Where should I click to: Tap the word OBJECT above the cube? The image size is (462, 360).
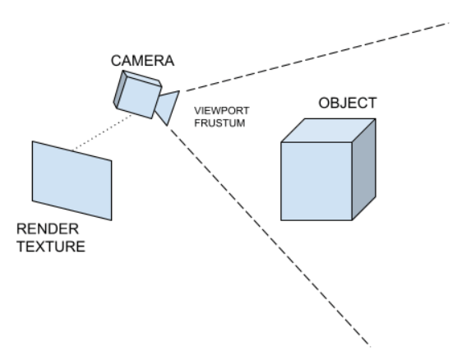coord(347,104)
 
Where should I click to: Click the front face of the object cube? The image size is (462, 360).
coord(316,181)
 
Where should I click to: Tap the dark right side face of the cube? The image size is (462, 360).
coord(364,168)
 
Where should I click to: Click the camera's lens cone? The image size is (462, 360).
coord(169,107)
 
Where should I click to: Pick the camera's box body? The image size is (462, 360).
coord(137,93)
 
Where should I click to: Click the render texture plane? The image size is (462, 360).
coord(72,180)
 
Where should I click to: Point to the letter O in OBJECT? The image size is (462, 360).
coord(324,104)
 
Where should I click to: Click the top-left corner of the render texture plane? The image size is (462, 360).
coord(33,141)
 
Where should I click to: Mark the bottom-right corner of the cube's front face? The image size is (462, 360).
coord(352,220)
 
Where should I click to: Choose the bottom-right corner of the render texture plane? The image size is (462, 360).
coord(111,219)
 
